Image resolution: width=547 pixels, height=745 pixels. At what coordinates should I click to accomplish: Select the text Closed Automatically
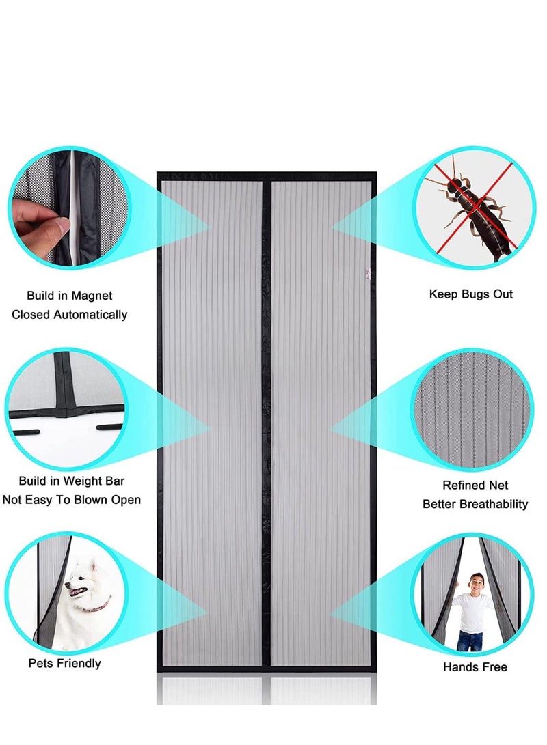[70, 315]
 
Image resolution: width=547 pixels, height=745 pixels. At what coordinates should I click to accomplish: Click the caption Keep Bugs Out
[470, 294]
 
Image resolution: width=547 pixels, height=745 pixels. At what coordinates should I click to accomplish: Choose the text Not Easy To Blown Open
[72, 500]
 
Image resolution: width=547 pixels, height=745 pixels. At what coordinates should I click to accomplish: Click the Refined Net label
[475, 486]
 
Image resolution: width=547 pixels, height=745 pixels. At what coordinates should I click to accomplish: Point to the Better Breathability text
[475, 504]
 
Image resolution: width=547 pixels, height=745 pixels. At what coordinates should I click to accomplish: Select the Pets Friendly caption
[64, 663]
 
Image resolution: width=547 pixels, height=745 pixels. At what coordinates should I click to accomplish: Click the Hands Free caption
[475, 666]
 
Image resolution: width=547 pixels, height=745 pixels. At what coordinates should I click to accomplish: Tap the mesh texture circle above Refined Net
[472, 410]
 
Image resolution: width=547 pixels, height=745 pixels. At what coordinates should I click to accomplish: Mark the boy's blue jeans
[470, 641]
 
